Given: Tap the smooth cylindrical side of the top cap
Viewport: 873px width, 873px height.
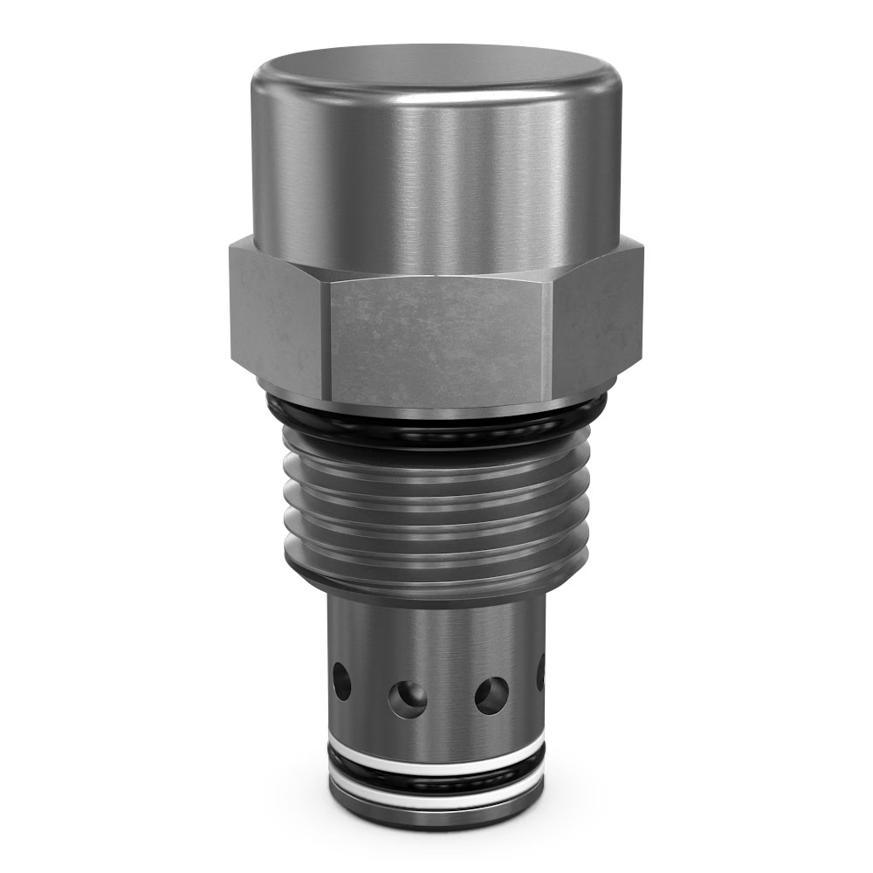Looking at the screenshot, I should (436, 175).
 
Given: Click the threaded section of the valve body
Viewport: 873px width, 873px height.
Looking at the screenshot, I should (436, 502).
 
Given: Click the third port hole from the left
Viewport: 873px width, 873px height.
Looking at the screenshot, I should (491, 695).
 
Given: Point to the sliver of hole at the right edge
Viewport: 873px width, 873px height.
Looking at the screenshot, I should (540, 672).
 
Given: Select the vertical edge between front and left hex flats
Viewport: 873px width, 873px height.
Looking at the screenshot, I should (326, 340).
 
